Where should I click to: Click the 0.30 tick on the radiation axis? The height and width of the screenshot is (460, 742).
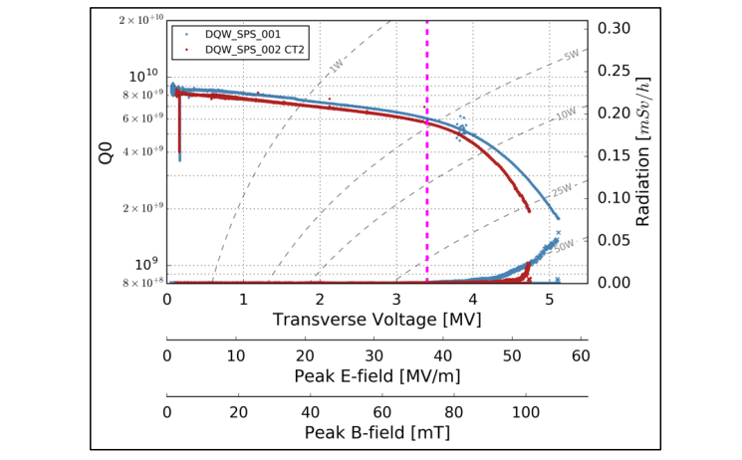click(x=614, y=28)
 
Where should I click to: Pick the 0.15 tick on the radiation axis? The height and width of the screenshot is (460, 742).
click(x=614, y=155)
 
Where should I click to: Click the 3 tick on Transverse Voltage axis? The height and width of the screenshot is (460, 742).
click(x=396, y=299)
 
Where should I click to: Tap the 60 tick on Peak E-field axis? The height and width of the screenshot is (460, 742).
click(x=581, y=355)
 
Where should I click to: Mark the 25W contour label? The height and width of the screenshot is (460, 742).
click(x=561, y=189)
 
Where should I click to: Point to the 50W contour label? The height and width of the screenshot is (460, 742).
click(x=563, y=244)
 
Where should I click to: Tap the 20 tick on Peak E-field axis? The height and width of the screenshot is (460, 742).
click(x=305, y=355)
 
